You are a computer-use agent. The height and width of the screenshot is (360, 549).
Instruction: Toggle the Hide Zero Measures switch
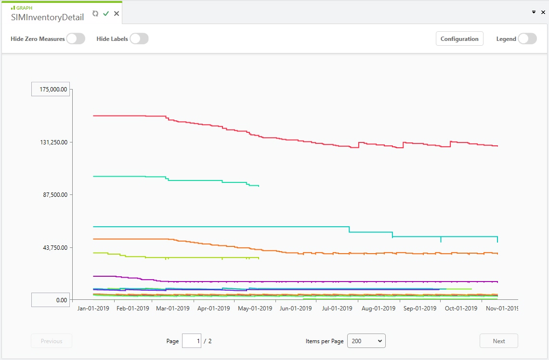click(75, 39)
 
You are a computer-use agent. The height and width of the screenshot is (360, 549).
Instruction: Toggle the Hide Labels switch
click(139, 39)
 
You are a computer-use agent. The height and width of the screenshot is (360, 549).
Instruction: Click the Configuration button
click(459, 39)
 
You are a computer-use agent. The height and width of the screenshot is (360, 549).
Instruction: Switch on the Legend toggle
click(527, 39)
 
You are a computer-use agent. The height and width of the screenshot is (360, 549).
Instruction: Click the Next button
click(498, 341)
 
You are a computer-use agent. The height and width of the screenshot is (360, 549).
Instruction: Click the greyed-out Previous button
click(52, 341)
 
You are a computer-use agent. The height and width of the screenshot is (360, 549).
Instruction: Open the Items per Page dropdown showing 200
click(366, 341)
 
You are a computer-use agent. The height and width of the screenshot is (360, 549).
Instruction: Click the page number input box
click(191, 341)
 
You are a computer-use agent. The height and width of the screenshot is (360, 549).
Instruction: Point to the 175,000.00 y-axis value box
click(51, 89)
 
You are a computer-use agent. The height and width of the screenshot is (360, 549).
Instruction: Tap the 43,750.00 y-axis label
click(54, 247)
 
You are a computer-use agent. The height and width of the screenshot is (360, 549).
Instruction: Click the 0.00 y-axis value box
click(51, 300)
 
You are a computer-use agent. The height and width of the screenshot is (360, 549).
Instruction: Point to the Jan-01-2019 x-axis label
click(93, 309)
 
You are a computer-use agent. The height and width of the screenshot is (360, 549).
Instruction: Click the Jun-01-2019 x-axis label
click(296, 309)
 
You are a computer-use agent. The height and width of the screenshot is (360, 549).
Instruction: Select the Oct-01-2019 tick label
click(461, 309)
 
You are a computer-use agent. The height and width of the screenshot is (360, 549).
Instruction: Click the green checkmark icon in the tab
click(106, 13)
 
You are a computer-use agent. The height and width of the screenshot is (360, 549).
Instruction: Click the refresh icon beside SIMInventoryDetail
click(95, 13)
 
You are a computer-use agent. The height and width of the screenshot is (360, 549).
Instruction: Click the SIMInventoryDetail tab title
click(48, 17)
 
